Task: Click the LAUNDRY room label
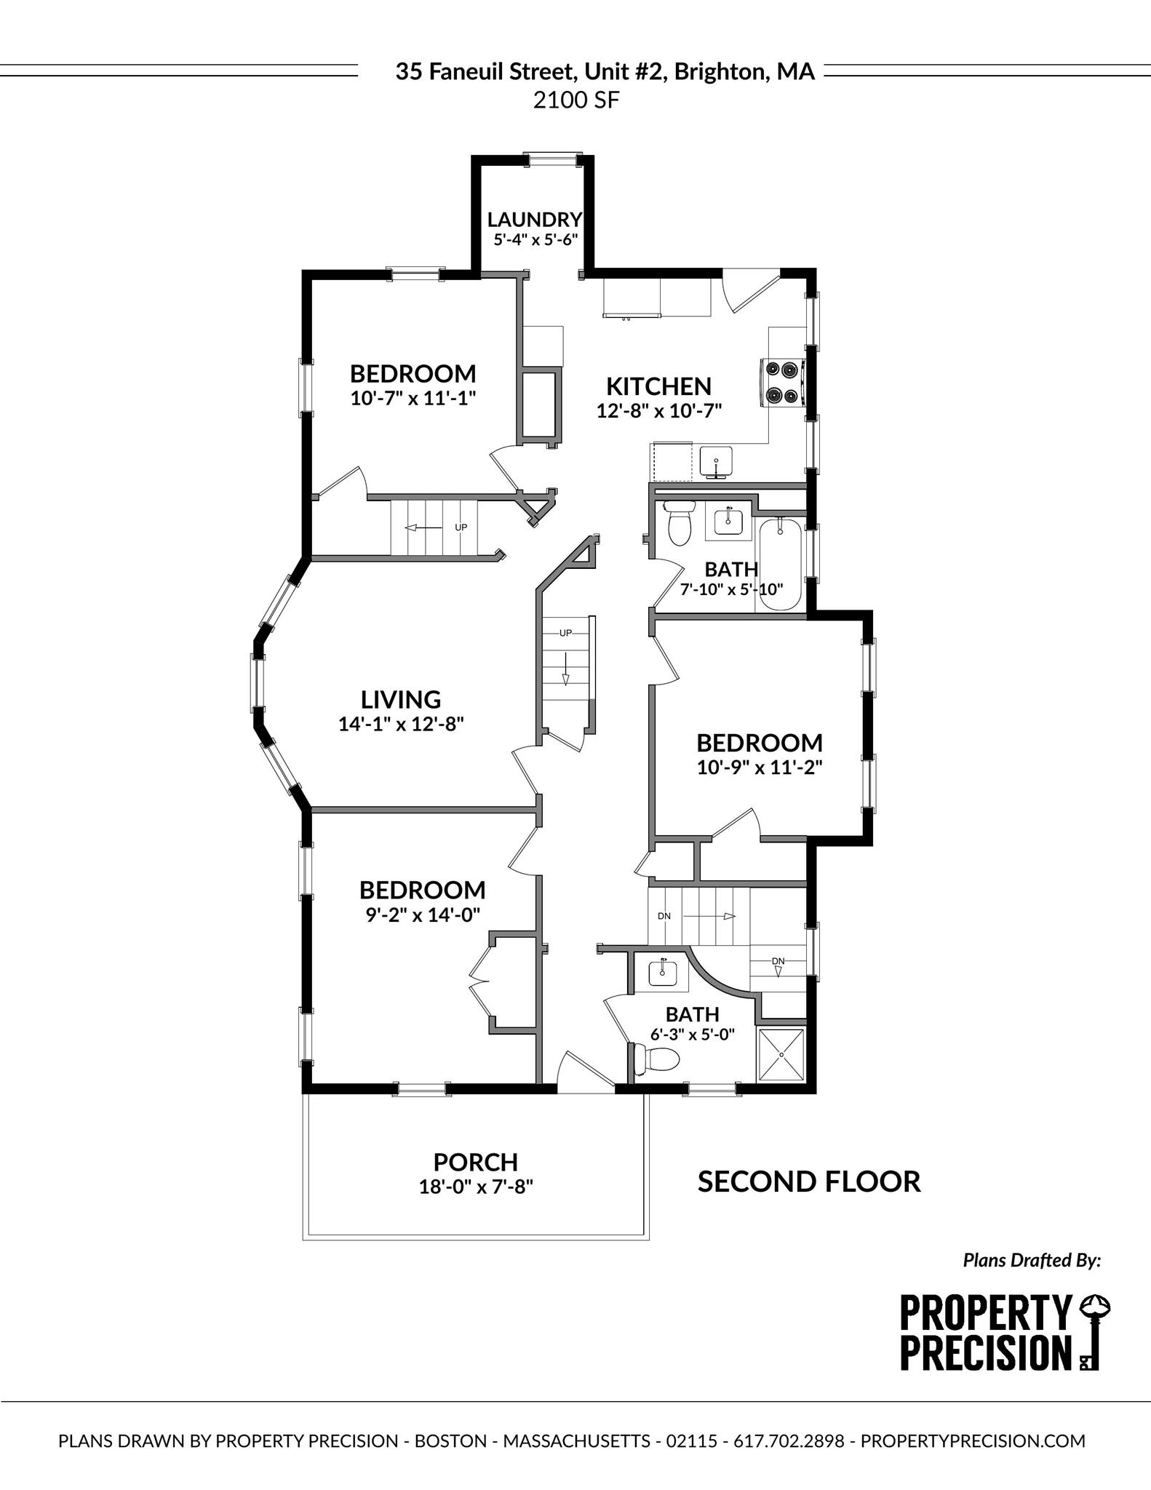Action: (x=535, y=219)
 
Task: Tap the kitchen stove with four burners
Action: (x=781, y=382)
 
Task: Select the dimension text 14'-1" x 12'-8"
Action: (x=401, y=724)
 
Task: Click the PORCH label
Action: (x=476, y=1162)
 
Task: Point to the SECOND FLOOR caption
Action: (x=809, y=1182)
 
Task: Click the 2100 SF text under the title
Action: (x=575, y=100)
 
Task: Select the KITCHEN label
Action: (x=658, y=386)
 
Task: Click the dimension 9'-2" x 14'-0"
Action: (x=423, y=915)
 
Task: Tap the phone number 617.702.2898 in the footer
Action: (x=789, y=1441)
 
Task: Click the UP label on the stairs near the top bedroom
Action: (x=461, y=527)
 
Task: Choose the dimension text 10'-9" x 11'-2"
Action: (x=760, y=768)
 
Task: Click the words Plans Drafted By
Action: (x=1032, y=1260)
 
